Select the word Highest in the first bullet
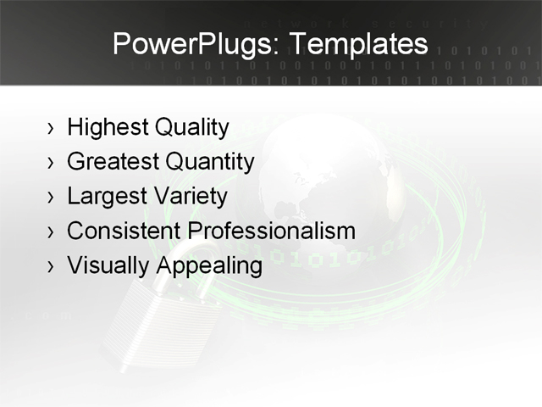[108, 128]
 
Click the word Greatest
[113, 161]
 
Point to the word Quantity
[210, 161]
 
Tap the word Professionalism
[271, 231]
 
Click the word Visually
[108, 265]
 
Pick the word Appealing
[209, 265]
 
